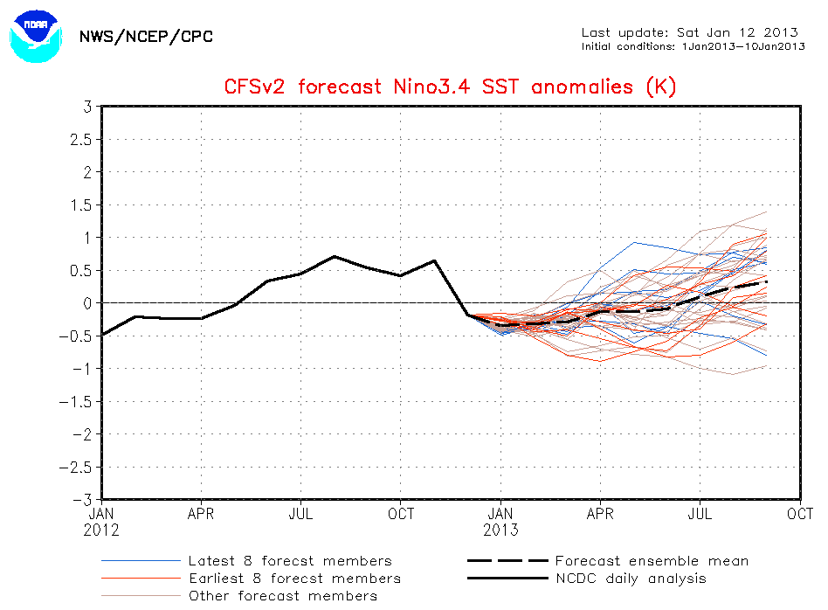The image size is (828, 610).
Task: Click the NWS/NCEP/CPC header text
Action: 146,37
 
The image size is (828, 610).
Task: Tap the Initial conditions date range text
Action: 693,45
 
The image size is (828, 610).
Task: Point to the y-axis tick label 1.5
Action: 81,204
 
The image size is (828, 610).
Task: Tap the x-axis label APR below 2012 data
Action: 201,514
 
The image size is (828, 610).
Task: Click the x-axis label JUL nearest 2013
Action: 700,514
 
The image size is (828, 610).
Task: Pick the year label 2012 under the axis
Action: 103,530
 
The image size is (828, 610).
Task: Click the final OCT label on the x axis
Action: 800,514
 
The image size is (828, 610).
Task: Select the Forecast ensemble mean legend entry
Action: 651,561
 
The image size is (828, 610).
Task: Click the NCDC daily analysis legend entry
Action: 631,579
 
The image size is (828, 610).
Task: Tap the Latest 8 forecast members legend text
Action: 290,561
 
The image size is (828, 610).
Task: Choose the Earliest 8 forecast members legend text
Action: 294,579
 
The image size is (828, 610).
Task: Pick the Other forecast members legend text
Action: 283,596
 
